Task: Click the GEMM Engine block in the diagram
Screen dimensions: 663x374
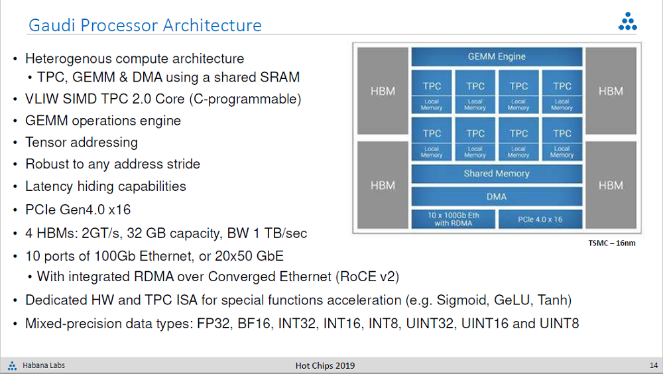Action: [x=497, y=56]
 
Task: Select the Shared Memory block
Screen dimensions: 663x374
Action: [x=497, y=174]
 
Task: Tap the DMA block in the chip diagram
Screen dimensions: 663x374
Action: [x=497, y=197]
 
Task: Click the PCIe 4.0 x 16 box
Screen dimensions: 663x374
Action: [x=540, y=219]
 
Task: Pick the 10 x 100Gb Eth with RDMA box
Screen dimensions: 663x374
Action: [x=453, y=219]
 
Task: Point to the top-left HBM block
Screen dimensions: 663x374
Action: [x=383, y=91]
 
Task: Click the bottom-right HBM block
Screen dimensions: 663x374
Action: [x=611, y=185]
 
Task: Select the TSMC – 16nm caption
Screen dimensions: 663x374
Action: [x=611, y=243]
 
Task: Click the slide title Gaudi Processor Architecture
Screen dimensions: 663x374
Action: [x=145, y=25]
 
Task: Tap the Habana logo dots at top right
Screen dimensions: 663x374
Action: [x=627, y=22]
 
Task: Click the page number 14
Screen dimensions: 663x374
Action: [x=654, y=365]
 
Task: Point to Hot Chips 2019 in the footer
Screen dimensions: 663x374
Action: [x=325, y=365]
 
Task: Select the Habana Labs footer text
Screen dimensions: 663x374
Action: [x=44, y=365]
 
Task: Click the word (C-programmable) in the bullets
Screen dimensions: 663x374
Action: [x=245, y=99]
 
